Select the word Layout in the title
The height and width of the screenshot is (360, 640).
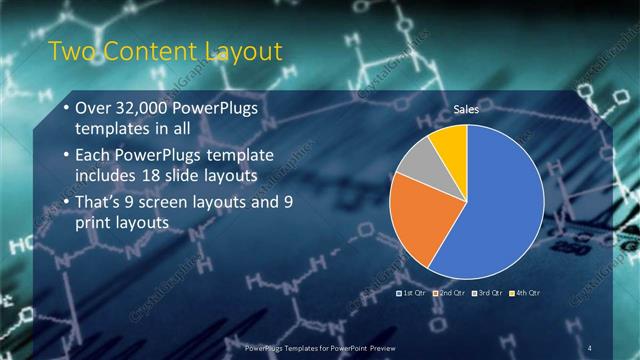point(244,51)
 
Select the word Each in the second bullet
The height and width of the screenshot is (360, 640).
point(96,155)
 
